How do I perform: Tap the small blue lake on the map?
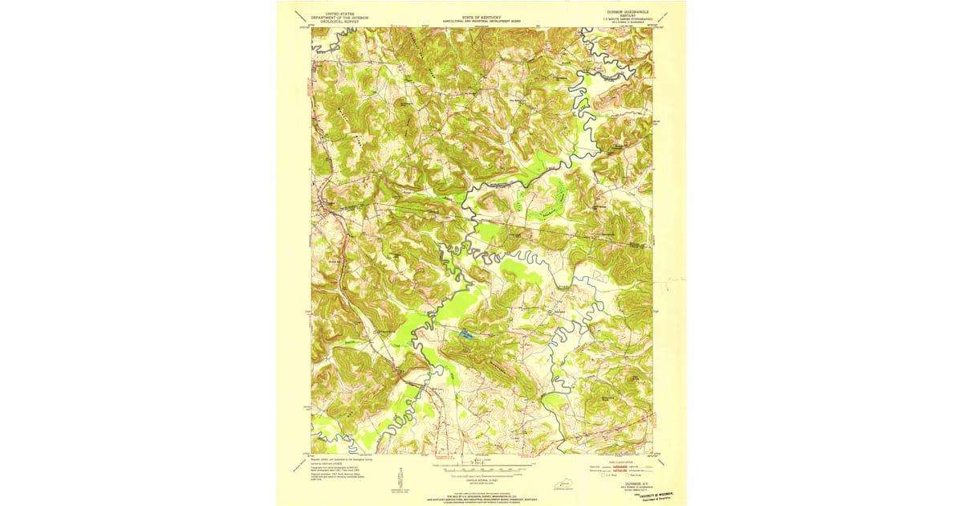pyautogui.click(x=465, y=333)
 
